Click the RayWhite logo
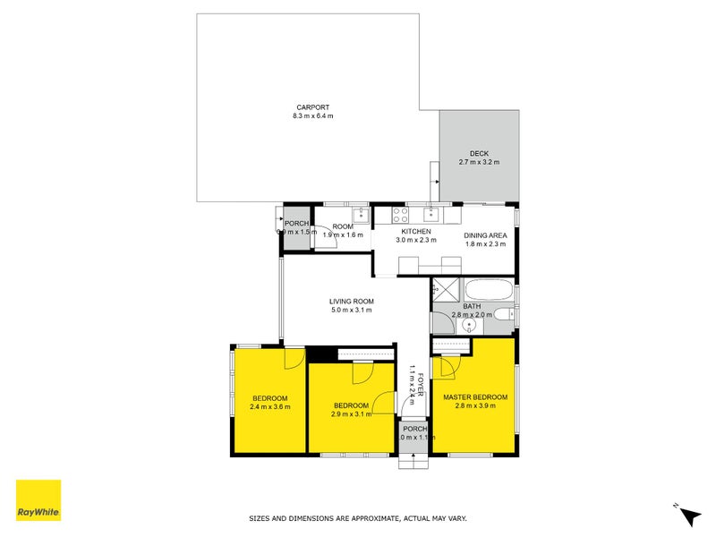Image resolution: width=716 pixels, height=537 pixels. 38,500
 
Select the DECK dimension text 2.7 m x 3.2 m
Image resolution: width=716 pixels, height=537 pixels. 479,162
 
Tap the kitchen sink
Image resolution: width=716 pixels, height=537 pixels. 430,215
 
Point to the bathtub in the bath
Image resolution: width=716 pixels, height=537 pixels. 489,291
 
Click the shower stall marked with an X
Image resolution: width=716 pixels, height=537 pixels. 445,290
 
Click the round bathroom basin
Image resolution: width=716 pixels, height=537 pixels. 466,327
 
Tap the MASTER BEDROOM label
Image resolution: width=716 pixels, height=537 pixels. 475,397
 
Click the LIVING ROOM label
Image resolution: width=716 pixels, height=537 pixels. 351,301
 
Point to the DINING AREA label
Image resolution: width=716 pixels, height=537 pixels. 485,236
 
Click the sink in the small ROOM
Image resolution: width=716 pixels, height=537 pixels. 359,215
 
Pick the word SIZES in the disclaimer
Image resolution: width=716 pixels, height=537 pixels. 260,518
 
